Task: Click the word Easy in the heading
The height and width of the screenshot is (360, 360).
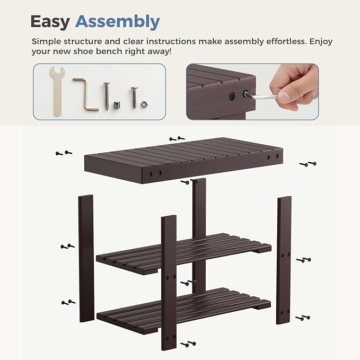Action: [50, 22]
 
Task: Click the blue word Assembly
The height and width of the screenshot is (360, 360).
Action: [118, 22]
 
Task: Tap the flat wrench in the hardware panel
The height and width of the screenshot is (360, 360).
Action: [57, 91]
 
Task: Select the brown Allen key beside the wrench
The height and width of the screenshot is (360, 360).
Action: [85, 94]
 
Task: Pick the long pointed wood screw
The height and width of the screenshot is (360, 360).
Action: [106, 96]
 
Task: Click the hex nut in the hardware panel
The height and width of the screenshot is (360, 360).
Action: [144, 104]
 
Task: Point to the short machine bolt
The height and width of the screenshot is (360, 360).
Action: [134, 98]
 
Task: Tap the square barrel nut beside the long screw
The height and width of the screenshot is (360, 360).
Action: [117, 104]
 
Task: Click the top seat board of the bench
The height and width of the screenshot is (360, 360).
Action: [183, 160]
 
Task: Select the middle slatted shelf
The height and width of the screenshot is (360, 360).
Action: [183, 253]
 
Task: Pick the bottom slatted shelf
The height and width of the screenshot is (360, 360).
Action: [183, 310]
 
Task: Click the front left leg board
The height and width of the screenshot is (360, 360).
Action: [169, 283]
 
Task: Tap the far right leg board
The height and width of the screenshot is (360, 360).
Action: [284, 260]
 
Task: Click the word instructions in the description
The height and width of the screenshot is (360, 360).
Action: [171, 41]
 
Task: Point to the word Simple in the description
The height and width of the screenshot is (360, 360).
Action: [46, 42]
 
